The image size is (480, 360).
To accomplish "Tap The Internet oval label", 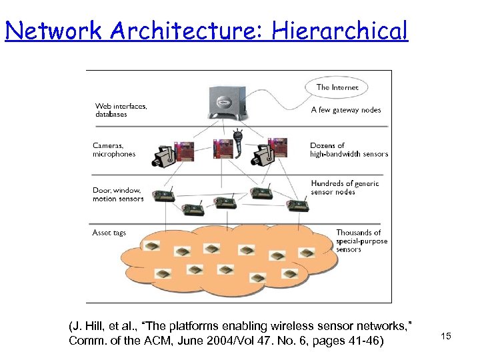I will (337, 87).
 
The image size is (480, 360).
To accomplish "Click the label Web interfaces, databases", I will (121, 110).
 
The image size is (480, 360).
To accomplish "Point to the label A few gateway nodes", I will (345, 110).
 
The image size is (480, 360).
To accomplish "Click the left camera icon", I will (165, 155).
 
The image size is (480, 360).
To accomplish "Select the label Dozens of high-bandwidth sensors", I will (348, 149).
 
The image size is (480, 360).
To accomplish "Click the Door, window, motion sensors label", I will (117, 194).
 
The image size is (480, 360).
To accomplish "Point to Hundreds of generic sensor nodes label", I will (344, 187).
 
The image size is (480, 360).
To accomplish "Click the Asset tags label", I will (109, 233).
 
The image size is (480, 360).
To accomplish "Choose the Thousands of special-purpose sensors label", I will (361, 241).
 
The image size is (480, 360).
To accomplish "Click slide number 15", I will (446, 336).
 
